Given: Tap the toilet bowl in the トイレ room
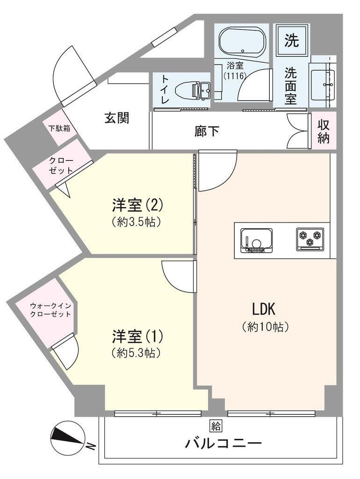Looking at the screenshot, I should [187, 89].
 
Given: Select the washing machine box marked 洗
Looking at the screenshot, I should [292, 41].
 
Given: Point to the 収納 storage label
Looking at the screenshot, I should [324, 131].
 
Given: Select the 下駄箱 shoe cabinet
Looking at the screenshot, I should [60, 128].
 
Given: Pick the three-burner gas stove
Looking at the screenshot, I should [310, 239].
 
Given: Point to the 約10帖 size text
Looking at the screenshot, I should [265, 327].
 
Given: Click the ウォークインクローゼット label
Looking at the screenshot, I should [50, 310].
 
